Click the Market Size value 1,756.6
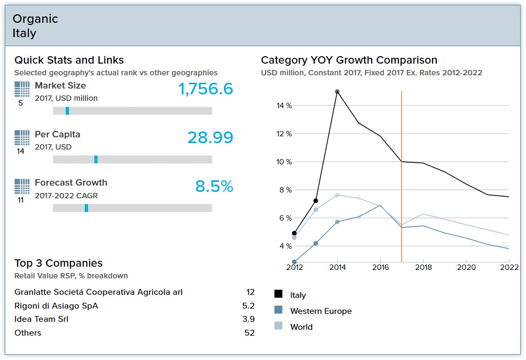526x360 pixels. [x=206, y=89]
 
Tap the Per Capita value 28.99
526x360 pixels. [x=210, y=138]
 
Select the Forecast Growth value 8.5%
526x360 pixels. [x=214, y=187]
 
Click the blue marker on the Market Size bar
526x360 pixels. [x=67, y=111]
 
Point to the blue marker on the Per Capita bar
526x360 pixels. [x=96, y=160]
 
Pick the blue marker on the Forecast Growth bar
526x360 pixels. [x=86, y=208]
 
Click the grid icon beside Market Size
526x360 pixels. [x=22, y=89]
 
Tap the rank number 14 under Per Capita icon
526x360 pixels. [x=21, y=152]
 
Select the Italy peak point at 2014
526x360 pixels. [x=337, y=92]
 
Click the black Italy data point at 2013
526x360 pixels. [x=315, y=200]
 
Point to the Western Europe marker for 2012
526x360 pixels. [x=294, y=262]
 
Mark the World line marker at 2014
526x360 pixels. [x=337, y=195]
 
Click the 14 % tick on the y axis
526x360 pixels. [x=284, y=106]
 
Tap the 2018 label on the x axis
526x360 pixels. [x=423, y=268]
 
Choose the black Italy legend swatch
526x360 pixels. [x=278, y=294]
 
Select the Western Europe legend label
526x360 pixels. [x=321, y=311]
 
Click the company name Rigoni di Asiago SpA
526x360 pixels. [x=56, y=306]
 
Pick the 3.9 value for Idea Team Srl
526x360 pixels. [x=248, y=319]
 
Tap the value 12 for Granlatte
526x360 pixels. [x=250, y=292]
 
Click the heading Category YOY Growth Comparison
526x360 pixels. [x=349, y=60]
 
